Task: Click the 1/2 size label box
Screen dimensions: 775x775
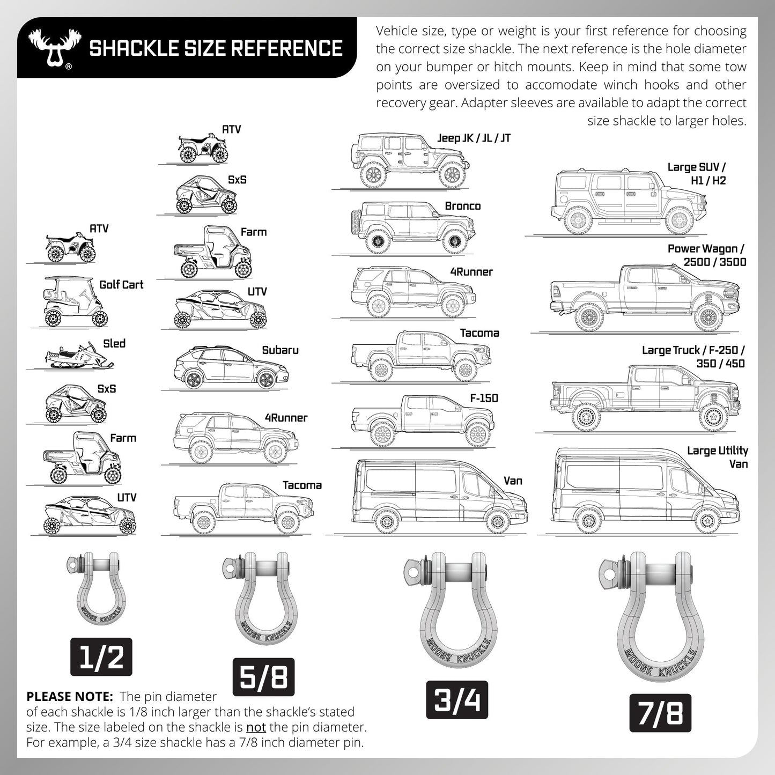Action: (x=101, y=657)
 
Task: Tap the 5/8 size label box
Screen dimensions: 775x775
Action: (x=263, y=676)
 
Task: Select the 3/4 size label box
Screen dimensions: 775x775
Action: (x=456, y=700)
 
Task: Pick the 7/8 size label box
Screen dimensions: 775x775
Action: (x=660, y=713)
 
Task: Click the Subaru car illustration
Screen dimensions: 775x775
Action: (x=232, y=368)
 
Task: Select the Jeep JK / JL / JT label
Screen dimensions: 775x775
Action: (x=474, y=138)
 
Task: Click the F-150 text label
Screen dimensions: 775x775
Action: (x=484, y=398)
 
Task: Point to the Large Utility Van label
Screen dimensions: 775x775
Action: (x=718, y=457)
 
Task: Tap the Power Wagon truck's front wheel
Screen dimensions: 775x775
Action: (x=708, y=318)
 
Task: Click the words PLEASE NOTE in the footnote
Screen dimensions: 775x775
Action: (x=69, y=697)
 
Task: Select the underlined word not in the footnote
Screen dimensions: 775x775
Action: (x=256, y=728)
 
